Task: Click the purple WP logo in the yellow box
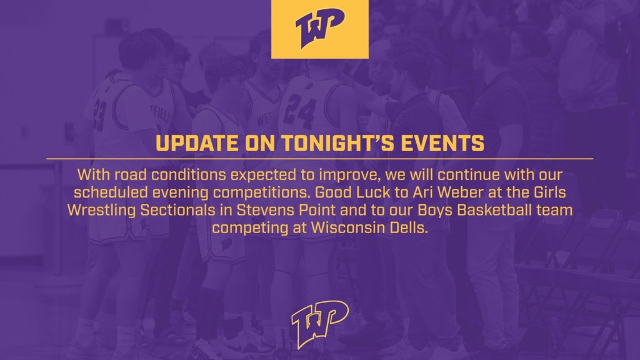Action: [x=319, y=27]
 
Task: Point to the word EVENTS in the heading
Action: [x=442, y=143]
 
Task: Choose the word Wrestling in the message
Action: [x=102, y=210]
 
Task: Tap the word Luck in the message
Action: [x=373, y=192]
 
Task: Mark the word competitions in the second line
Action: [x=262, y=192]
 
